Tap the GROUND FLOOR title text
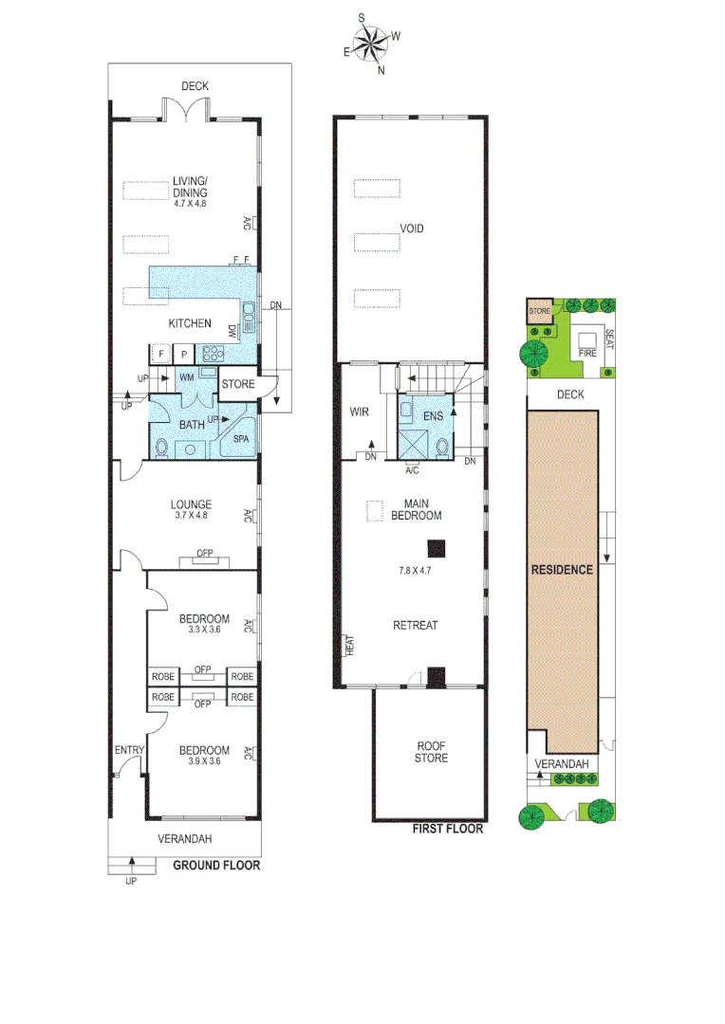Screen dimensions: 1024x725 coord(216,865)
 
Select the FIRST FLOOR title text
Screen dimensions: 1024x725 coord(448,829)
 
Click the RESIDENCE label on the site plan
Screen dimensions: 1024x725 coord(562,570)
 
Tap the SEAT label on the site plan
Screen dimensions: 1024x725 coord(609,338)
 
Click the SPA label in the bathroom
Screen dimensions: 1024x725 coord(241,440)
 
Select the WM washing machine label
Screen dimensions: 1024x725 coord(187,377)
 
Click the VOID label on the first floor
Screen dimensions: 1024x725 coord(412,229)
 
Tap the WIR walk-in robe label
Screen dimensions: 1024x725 coord(358,412)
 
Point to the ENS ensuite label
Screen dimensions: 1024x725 coord(434,415)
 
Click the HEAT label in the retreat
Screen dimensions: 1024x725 coord(349,648)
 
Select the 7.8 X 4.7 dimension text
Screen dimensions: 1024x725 coord(416,571)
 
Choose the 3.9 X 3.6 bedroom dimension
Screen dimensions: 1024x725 coord(204,760)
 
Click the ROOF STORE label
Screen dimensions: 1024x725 coord(431,751)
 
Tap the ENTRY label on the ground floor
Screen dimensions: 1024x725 coord(128,751)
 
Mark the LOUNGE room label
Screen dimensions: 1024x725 coord(191,504)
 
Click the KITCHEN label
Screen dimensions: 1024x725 coord(190,323)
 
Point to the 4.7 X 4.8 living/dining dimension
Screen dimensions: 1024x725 coord(190,203)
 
